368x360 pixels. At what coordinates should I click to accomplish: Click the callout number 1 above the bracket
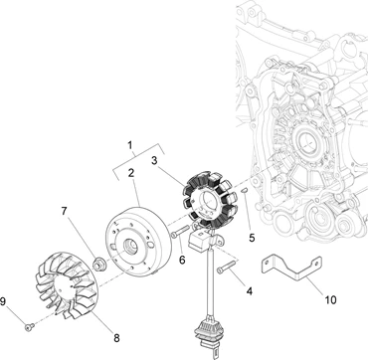130,145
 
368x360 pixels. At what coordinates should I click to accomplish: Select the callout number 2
131,173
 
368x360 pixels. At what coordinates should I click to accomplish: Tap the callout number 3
154,160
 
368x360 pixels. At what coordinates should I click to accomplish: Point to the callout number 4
249,291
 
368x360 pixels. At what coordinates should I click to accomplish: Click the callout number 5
252,238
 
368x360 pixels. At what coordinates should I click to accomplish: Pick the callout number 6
182,260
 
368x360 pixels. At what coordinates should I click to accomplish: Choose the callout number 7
65,212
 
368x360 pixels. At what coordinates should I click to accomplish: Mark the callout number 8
116,338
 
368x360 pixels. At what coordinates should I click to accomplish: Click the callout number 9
3,301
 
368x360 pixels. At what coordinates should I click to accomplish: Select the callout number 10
330,300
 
